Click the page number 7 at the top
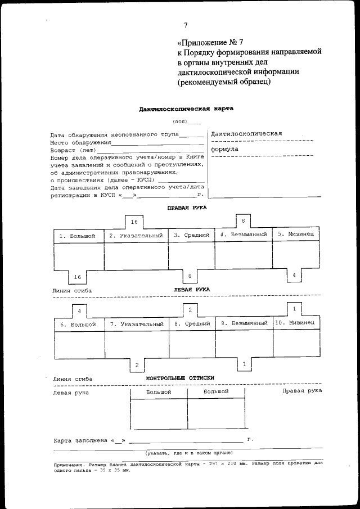pos(186,24)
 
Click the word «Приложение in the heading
pos(201,42)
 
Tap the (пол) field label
pos(180,121)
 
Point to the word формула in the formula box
pos(224,150)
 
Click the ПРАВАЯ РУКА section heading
pos(187,208)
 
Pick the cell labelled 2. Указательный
pos(136,236)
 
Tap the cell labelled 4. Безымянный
pos(242,235)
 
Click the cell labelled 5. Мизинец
pos(296,235)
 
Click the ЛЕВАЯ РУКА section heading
pos(192,289)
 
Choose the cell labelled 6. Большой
pos(78,325)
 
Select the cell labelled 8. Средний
pos(192,324)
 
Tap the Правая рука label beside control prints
pos(301,390)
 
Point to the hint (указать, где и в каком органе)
pos(187,453)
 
